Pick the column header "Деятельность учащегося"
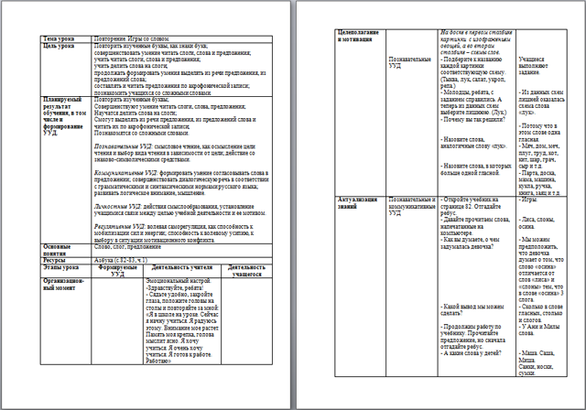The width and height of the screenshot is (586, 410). (x=242, y=272)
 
